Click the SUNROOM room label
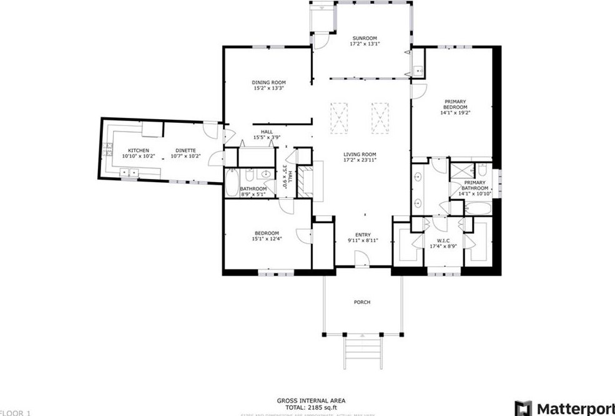[x=363, y=38]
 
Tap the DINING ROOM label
[x=268, y=82]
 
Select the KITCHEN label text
[x=139, y=150]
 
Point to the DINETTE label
[x=185, y=150]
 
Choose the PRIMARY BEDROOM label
[x=456, y=104]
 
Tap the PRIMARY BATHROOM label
[x=475, y=185]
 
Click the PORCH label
[x=362, y=302]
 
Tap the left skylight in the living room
[x=339, y=117]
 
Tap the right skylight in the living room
[x=380, y=117]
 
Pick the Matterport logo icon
[x=523, y=409]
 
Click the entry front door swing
[x=360, y=258]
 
